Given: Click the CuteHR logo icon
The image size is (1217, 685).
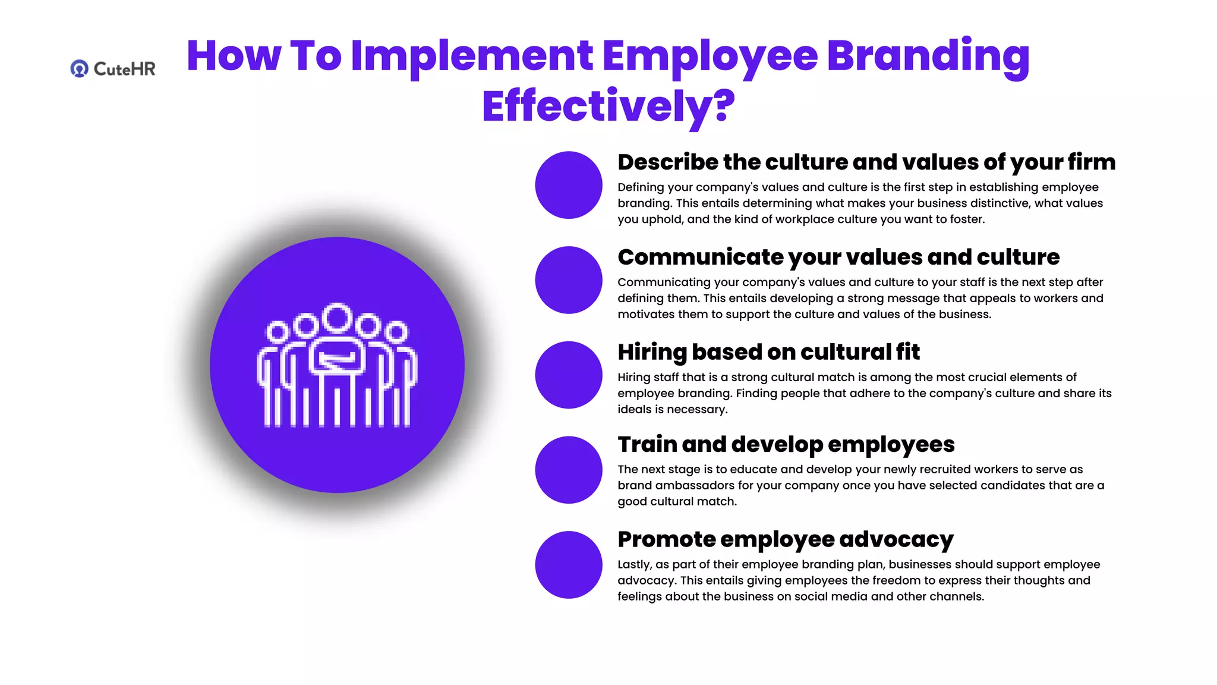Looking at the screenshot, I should [79, 69].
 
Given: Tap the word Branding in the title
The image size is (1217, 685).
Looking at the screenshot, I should [928, 56].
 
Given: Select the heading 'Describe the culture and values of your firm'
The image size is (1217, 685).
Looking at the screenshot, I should [866, 162].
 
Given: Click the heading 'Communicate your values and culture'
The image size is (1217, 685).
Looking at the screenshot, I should [838, 257].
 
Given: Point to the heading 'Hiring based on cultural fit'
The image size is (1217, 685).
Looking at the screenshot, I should [768, 352].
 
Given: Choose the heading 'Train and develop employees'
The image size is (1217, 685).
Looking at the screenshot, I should [786, 444].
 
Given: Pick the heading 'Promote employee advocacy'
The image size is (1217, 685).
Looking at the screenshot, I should [785, 539].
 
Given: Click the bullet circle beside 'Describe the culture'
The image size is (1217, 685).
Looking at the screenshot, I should [569, 185].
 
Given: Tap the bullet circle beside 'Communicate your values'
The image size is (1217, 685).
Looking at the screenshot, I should [569, 280].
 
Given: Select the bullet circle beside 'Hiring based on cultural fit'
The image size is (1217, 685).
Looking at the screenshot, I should [569, 375].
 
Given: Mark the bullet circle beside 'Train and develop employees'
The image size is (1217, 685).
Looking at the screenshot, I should [569, 470].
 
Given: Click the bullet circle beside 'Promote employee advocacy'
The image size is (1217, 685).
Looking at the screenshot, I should [569, 565].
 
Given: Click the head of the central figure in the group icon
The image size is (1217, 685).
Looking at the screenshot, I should [338, 318].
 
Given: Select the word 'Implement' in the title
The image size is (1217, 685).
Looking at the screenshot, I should [472, 56].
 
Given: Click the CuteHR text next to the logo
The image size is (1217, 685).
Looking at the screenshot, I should [124, 69].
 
